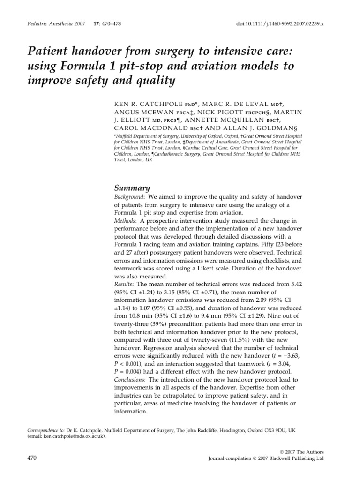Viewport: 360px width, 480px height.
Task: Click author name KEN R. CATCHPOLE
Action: (143, 103)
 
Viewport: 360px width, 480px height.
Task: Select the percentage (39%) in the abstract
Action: (166, 324)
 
